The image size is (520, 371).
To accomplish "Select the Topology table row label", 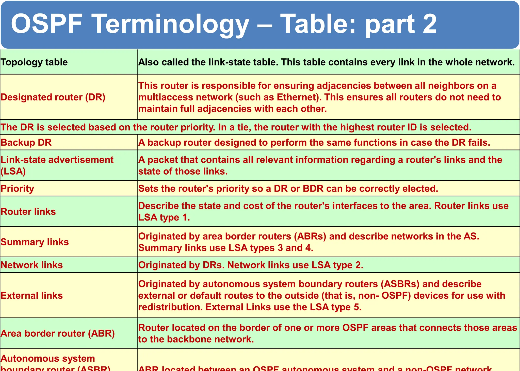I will coord(34,62).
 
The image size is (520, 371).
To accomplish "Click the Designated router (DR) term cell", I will coord(53,97).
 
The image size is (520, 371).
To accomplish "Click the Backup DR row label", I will coord(26,142).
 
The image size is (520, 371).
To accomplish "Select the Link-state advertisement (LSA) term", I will coord(57,165).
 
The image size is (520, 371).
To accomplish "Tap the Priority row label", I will coord(17,189).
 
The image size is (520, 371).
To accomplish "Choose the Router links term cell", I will coord(28,211).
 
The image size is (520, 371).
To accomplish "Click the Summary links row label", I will coord(35,242).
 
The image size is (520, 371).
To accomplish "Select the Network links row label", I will coord(32,265).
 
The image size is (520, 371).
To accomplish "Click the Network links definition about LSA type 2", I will coord(251,265).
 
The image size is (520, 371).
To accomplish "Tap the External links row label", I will coord(32,295).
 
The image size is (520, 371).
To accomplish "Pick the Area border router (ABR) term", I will coord(58,333).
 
